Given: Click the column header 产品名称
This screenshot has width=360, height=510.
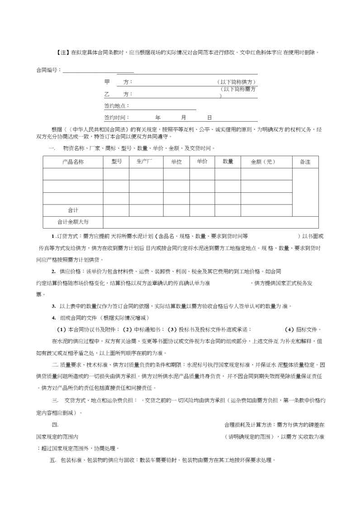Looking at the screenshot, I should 73,162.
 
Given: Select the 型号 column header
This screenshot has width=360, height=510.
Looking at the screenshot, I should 116,162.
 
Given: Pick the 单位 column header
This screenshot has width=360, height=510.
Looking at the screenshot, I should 176,162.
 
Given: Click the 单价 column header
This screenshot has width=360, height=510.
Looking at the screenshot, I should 202,162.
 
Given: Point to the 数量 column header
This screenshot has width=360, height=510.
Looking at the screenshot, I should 228,162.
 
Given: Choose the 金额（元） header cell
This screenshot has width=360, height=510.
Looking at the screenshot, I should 263,162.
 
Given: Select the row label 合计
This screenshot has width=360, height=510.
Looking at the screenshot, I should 73,210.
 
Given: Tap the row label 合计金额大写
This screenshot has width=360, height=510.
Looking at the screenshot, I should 73,222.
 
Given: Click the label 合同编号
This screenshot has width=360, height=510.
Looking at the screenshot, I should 47,70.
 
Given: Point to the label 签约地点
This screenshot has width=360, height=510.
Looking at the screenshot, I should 117,105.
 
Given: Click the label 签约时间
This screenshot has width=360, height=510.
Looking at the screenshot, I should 116,117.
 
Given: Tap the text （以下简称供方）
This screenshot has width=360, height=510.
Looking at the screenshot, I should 237,82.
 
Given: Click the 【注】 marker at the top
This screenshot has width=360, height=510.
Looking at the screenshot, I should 64,52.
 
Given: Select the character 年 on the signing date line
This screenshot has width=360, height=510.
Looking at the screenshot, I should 158,117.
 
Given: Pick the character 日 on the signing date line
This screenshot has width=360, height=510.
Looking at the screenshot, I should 209,117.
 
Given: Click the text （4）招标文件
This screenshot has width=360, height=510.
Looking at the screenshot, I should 303,329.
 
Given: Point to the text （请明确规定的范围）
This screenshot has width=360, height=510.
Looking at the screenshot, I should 250,437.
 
